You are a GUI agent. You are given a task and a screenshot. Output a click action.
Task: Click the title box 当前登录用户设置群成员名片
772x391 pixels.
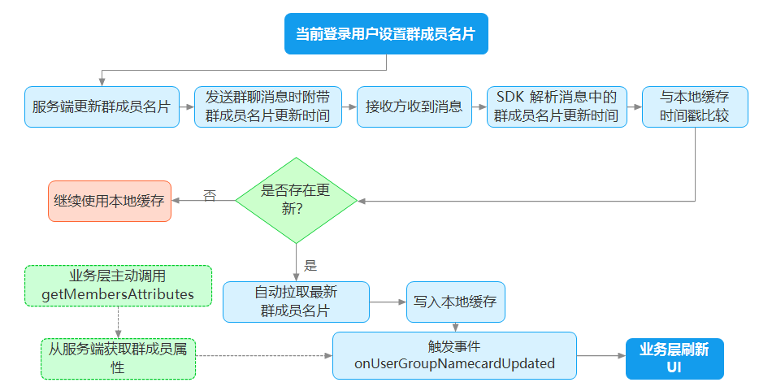[x=386, y=33]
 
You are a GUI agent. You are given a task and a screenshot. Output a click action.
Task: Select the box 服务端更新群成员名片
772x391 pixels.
[x=102, y=106]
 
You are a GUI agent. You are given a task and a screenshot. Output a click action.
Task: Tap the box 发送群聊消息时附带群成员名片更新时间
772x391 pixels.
[x=268, y=106]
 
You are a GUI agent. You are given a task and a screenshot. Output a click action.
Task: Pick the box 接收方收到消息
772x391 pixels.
[x=414, y=106]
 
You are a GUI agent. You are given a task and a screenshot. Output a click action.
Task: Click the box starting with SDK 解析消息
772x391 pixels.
[x=557, y=106]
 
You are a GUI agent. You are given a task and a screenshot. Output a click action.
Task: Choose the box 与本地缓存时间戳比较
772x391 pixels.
[x=695, y=106]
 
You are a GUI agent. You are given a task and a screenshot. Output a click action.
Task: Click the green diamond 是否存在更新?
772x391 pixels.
[x=296, y=201]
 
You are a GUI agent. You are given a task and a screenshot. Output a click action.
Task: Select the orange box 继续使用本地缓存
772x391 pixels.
[x=110, y=201]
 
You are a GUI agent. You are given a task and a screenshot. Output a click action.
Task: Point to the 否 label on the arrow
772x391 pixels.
[x=210, y=195]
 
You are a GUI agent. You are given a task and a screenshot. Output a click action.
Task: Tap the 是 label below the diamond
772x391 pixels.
[x=310, y=266]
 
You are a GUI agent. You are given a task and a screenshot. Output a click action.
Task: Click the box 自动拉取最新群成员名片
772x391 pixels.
[x=296, y=302]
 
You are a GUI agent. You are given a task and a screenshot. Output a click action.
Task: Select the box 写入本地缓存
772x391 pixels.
[x=455, y=302]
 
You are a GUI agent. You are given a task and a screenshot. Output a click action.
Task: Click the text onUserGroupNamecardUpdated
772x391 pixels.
[x=454, y=363]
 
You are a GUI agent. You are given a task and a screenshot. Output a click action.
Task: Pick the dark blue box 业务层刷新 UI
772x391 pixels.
[x=674, y=358]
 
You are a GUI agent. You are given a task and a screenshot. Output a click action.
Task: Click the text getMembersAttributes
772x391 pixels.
[x=118, y=294]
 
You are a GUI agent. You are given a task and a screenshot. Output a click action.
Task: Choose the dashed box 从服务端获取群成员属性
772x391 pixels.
[x=118, y=358]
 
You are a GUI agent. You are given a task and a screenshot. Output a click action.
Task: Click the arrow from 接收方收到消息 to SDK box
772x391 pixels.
[x=479, y=106]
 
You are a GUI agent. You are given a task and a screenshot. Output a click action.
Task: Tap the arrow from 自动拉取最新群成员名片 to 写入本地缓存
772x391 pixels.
[x=388, y=302]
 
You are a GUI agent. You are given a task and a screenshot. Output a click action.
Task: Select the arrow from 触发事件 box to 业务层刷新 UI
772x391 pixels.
[x=601, y=355]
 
